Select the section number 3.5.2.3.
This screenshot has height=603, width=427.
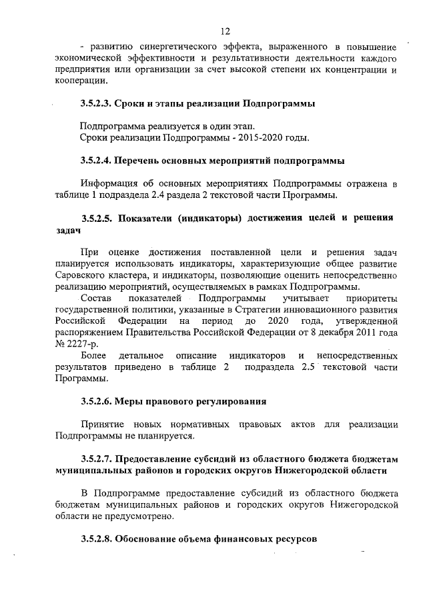95,105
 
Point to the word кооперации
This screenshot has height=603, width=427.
79,81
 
